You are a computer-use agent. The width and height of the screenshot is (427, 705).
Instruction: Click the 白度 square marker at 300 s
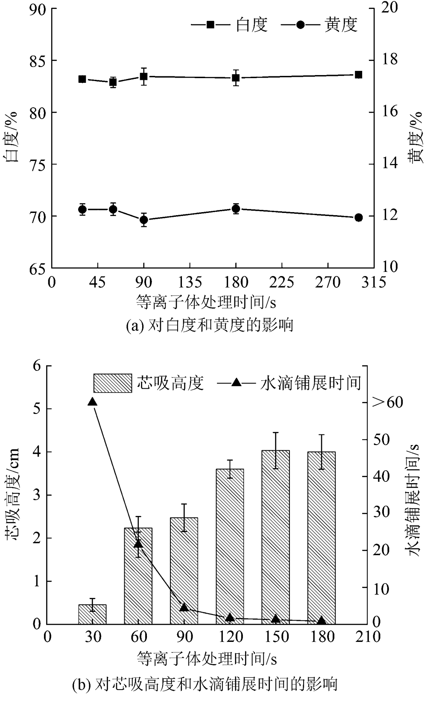[x=359, y=75]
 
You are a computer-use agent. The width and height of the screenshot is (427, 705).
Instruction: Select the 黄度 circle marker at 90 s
[x=144, y=220]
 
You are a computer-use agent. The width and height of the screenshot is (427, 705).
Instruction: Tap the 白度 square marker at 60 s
[x=113, y=82]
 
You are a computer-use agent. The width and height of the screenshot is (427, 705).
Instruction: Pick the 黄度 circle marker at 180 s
[x=236, y=209]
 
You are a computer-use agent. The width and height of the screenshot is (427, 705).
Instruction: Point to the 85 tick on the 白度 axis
[x=37, y=61]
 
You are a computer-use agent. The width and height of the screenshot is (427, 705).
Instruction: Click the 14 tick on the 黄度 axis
[x=389, y=163]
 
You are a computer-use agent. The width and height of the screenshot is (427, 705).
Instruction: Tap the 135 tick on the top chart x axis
[x=190, y=283]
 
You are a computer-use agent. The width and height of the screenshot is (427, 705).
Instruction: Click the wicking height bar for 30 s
[x=92, y=614]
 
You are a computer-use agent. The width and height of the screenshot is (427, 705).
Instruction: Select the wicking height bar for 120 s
[x=230, y=546]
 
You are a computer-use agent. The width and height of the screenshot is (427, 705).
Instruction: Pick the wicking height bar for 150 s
[x=276, y=537]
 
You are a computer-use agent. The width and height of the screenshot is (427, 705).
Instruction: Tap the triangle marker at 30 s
[x=92, y=402]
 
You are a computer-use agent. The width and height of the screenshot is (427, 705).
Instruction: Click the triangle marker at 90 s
[x=184, y=607]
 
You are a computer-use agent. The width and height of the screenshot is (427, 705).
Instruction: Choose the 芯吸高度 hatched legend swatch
[x=113, y=383]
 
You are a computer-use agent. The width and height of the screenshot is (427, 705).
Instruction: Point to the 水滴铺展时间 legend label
[x=311, y=383]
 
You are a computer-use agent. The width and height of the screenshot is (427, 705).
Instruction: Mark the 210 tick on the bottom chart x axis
[x=368, y=637]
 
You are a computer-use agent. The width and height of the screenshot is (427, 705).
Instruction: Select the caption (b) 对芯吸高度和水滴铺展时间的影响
[x=205, y=684]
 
